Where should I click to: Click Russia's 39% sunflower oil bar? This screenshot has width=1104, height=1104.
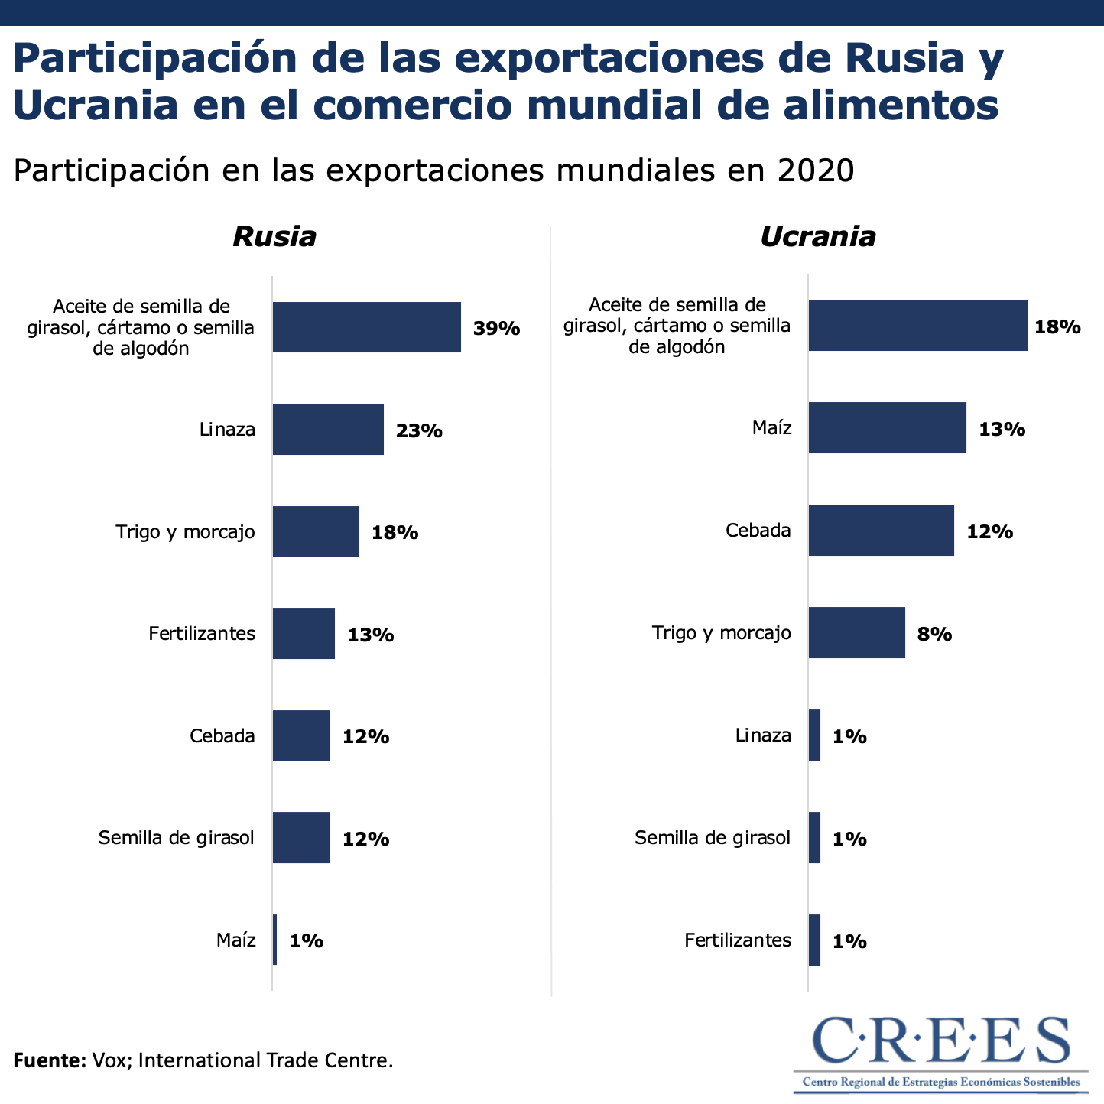[366, 327]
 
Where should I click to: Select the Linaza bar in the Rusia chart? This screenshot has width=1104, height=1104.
[328, 430]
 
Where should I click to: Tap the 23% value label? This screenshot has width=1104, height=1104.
[419, 430]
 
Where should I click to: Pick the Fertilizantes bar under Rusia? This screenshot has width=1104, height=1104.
[304, 634]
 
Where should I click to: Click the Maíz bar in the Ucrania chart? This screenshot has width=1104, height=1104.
[887, 428]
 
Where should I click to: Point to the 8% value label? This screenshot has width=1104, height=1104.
[934, 634]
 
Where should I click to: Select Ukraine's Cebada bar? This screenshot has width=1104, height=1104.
[881, 531]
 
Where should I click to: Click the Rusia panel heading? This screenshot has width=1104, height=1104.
[274, 236]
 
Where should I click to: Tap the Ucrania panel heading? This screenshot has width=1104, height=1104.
[817, 236]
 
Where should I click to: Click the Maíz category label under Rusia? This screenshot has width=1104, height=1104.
[235, 940]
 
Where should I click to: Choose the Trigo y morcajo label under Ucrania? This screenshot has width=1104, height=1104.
[721, 633]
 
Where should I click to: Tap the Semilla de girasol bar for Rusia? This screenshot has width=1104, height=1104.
[301, 838]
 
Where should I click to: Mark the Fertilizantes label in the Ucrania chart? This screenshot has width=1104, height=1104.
[738, 940]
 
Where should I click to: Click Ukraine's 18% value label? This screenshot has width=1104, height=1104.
[1057, 327]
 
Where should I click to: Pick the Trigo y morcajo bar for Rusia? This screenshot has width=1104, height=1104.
[316, 531]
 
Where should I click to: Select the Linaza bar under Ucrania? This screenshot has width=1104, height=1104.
[814, 735]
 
